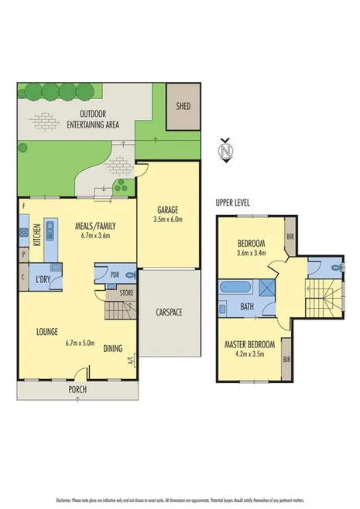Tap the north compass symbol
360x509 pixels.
226,149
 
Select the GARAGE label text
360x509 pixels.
169,210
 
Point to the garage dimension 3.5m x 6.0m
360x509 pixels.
169,220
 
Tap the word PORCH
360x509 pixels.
77,389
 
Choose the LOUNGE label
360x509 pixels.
48,332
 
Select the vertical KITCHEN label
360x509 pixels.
36,231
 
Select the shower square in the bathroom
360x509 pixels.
266,289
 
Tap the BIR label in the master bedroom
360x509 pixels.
286,360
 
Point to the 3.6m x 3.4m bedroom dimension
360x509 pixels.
252,252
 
